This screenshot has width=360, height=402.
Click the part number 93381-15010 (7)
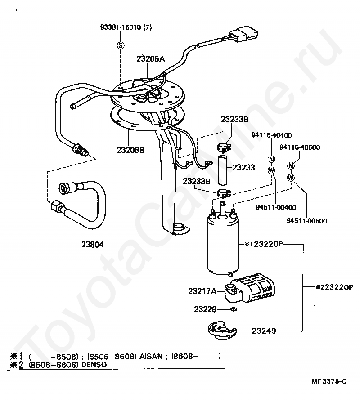point(126,27)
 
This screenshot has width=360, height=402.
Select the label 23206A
point(151,58)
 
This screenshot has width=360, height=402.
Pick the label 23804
point(93,245)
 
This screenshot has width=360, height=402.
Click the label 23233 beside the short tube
point(244,167)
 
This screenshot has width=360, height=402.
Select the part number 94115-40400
point(271,135)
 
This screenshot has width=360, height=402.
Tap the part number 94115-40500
point(300,147)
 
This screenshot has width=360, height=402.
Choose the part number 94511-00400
point(276,207)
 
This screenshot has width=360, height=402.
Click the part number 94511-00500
point(306,221)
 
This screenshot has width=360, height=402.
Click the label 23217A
point(202,291)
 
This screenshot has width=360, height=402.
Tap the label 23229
point(206,309)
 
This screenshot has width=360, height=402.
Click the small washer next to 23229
point(233,309)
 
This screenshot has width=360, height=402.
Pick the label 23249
point(264,331)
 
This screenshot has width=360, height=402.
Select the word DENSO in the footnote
point(94,365)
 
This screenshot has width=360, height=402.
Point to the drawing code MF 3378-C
point(329,381)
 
